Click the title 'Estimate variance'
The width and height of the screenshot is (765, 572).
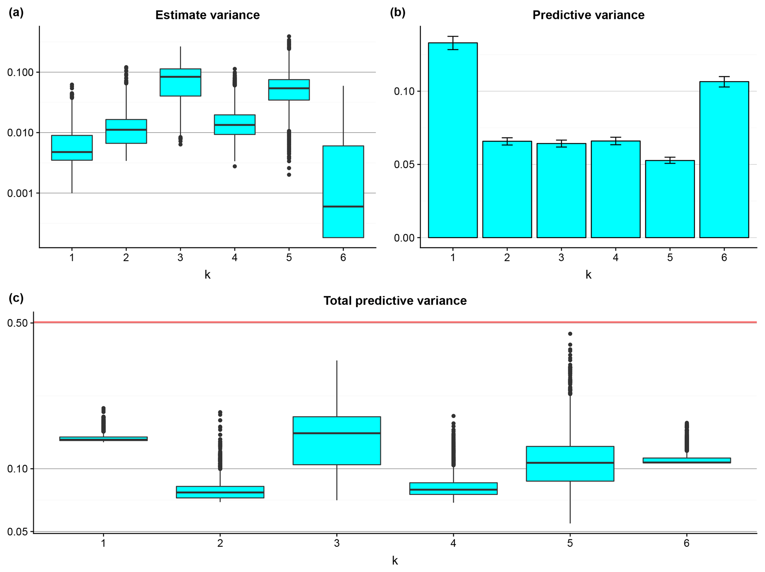click(x=207, y=15)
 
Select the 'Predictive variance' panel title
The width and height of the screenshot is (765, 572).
click(x=588, y=15)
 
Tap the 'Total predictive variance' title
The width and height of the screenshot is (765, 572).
click(x=395, y=301)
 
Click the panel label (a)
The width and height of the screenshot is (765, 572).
click(x=16, y=13)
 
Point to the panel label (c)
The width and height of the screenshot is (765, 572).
click(x=16, y=298)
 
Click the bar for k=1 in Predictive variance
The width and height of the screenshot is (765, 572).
click(x=453, y=141)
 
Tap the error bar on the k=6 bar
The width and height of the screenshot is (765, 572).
click(x=724, y=81)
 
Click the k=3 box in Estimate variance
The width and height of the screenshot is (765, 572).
click(x=180, y=83)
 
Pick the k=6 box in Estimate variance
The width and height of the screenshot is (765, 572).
click(x=343, y=191)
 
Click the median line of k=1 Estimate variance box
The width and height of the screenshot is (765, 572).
click(x=72, y=152)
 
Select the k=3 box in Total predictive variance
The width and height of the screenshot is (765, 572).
click(x=336, y=441)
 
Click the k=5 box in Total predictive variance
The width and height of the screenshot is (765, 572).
click(x=570, y=464)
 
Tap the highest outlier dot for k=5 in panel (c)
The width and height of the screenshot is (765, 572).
click(x=570, y=334)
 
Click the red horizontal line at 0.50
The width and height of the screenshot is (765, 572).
click(x=395, y=322)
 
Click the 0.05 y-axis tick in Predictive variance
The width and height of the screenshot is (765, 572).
click(x=405, y=164)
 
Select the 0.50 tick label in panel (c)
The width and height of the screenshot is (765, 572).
click(x=17, y=323)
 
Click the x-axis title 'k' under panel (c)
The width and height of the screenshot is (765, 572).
click(x=395, y=561)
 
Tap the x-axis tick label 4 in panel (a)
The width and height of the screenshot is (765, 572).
click(x=235, y=258)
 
